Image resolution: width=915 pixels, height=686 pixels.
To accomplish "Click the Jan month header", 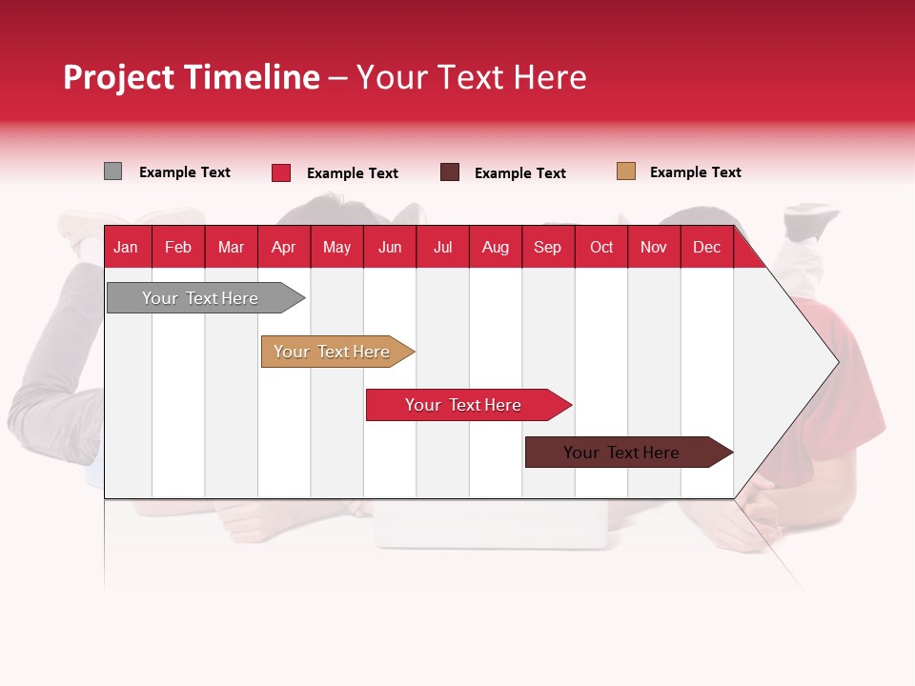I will (x=126, y=248).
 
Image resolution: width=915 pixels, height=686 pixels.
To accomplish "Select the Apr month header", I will (x=284, y=248).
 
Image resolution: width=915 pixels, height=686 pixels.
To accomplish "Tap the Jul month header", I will (x=442, y=248).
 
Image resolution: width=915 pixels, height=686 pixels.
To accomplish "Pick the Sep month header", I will (x=548, y=248).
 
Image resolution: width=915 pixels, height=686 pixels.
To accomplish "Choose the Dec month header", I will (x=706, y=248).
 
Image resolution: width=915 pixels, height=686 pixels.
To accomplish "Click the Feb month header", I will (x=178, y=248).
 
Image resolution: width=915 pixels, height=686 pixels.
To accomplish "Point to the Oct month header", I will (x=601, y=248).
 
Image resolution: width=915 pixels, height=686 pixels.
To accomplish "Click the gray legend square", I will (x=112, y=171).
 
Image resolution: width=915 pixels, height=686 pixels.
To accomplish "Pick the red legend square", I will (x=281, y=172).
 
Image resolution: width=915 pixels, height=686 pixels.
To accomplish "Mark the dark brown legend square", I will (x=450, y=172).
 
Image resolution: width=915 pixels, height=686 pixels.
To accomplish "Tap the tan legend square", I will (x=626, y=171).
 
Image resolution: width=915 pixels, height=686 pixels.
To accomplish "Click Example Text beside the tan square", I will (x=695, y=172).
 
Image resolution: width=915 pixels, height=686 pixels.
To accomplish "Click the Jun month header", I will (x=390, y=248).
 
